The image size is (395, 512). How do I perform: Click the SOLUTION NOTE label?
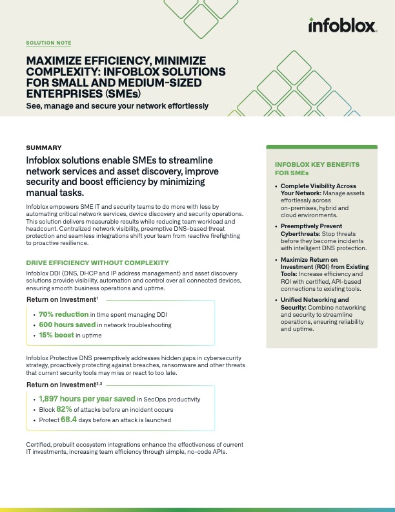pyautogui.click(x=48, y=43)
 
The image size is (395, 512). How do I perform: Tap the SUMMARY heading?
pyautogui.click(x=44, y=147)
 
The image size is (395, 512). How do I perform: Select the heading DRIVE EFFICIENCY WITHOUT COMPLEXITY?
pyautogui.click(x=97, y=262)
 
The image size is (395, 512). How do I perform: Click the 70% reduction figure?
pyautogui.click(x=63, y=314)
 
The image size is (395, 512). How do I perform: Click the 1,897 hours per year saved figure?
pyautogui.click(x=86, y=399)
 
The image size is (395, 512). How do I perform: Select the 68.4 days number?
pyautogui.click(x=69, y=420)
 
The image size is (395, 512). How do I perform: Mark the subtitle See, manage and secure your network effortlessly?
pyautogui.click(x=117, y=105)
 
